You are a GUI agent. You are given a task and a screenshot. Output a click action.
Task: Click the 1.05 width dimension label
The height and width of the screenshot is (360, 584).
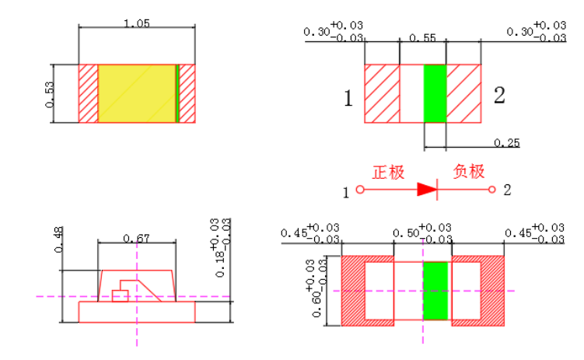137,23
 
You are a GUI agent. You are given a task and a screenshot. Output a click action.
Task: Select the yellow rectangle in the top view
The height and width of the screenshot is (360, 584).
137,93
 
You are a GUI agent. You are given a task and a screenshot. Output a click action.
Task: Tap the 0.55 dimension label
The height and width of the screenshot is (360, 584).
422,37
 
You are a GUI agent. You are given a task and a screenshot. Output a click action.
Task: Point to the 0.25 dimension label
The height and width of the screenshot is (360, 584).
508,142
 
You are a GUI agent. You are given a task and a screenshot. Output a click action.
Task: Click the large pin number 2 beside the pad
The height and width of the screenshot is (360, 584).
499,96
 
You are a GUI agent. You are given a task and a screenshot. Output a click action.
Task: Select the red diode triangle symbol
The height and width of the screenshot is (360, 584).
427,189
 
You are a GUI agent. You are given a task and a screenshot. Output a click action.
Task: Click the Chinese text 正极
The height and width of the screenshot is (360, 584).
388,173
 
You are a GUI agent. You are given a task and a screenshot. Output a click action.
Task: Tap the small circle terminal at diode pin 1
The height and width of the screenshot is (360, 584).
359,190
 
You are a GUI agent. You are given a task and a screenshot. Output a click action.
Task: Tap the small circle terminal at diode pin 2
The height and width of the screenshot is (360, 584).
491,190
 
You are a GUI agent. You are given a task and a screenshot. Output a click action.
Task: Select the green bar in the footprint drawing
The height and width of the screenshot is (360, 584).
436,291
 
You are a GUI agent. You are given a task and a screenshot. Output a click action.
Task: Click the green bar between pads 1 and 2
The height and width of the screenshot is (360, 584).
435,93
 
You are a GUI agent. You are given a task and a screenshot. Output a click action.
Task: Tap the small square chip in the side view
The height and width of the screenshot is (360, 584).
120,295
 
